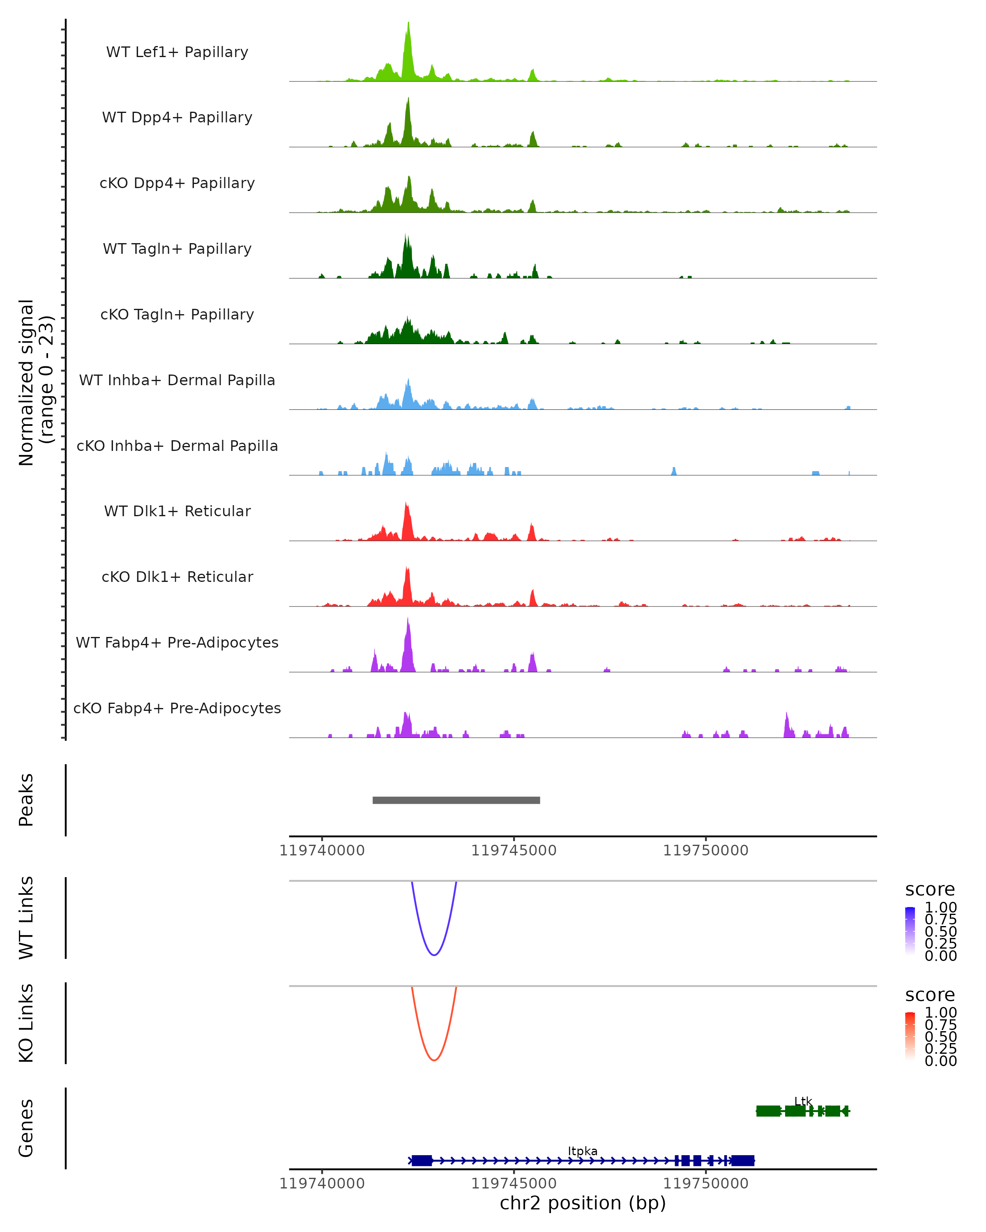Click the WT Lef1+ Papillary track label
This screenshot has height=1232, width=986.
pos(177,52)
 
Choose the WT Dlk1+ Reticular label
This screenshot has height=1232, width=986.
pos(177,511)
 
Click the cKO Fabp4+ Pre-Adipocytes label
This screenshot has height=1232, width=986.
pos(177,708)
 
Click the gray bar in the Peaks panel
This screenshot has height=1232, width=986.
pos(456,800)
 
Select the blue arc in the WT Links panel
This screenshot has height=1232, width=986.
pos(434,955)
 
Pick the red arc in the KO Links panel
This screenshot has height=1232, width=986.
pos(434,1060)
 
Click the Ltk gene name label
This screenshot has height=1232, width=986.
pos(803,1101)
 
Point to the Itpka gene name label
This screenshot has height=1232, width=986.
pos(583,1151)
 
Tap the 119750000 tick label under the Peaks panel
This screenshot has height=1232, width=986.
pos(705,850)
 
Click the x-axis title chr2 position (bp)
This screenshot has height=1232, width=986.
pos(583,1203)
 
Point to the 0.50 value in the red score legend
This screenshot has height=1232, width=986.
pos(941,1037)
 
